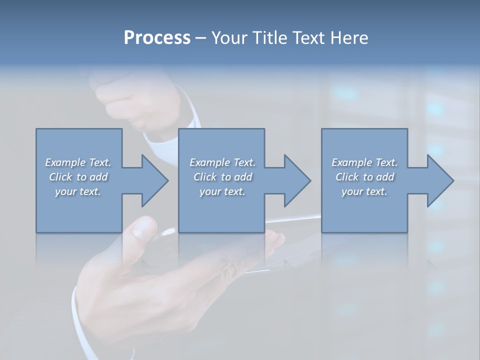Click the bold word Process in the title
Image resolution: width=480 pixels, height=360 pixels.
[x=157, y=38]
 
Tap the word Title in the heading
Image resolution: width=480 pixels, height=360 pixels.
[x=268, y=38]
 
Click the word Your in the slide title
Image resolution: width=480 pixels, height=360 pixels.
[x=228, y=38]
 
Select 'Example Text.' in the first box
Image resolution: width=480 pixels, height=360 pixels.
[x=78, y=162]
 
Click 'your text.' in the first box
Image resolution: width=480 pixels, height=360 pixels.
[x=78, y=191]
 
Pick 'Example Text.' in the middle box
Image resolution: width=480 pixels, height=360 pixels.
[x=222, y=162]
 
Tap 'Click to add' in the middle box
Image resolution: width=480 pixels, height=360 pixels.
[x=222, y=177]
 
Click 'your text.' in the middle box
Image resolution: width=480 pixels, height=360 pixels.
[x=222, y=191]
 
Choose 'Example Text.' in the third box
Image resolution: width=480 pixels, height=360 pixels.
[x=364, y=162]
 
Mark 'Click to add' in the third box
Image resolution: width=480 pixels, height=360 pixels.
[x=364, y=177]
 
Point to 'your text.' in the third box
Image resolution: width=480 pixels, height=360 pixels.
[x=364, y=191]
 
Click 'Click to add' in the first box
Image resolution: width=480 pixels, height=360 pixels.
[x=78, y=177]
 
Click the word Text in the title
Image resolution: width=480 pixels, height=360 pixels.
[x=307, y=38]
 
